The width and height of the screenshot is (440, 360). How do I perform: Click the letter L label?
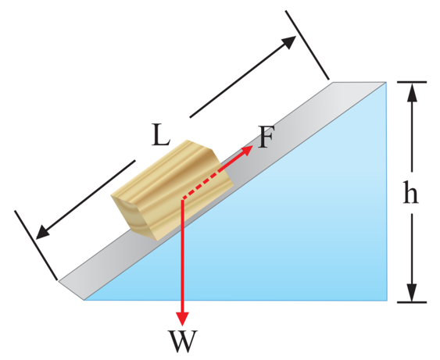click(x=160, y=135)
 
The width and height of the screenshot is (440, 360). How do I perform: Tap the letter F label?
click(x=266, y=137)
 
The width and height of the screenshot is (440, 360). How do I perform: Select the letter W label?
click(x=183, y=341)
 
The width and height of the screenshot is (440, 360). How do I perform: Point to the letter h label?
click(x=410, y=192)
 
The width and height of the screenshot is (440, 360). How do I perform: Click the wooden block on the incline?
click(x=172, y=190)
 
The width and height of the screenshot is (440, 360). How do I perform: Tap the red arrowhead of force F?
click(x=247, y=150)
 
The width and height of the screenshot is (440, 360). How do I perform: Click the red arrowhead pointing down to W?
click(x=182, y=318)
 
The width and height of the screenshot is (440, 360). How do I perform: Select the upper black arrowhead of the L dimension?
click(x=288, y=42)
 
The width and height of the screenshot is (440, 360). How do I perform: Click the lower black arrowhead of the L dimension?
click(x=44, y=232)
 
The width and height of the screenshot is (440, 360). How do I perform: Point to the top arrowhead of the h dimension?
click(x=412, y=92)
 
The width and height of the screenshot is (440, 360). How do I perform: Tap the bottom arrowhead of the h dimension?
click(x=412, y=292)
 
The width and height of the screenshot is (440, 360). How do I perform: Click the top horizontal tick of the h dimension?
click(x=412, y=82)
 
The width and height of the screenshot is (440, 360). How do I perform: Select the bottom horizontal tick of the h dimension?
click(x=412, y=302)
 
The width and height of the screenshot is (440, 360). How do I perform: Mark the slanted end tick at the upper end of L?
click(x=307, y=45)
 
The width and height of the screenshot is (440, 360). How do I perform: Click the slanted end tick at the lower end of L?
click(x=36, y=245)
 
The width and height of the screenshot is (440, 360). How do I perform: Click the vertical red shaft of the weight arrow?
click(x=182, y=255)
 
